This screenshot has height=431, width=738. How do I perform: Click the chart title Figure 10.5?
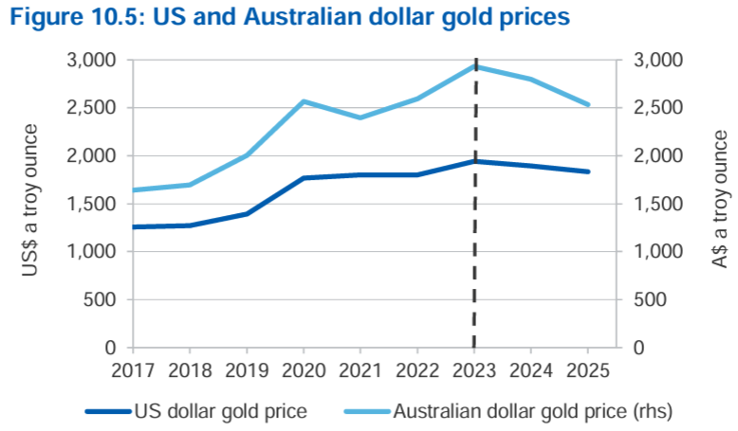(x=289, y=17)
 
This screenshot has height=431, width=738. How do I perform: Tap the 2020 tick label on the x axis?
(x=304, y=370)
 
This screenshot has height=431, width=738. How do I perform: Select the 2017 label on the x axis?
(x=133, y=370)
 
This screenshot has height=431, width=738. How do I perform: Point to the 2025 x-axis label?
(x=588, y=370)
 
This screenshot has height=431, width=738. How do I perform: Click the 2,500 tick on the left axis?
(x=91, y=108)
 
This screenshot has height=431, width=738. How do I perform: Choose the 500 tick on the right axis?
(x=650, y=300)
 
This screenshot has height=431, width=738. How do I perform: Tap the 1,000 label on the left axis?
(x=91, y=252)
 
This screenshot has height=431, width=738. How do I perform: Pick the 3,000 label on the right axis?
(x=658, y=61)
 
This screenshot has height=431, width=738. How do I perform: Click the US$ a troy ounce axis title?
(x=29, y=200)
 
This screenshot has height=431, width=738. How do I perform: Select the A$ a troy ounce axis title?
(x=720, y=199)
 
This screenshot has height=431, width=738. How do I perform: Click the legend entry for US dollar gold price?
(x=196, y=411)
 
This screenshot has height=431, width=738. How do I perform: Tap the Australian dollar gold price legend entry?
(x=508, y=411)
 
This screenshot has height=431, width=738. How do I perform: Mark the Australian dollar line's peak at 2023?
(x=474, y=66)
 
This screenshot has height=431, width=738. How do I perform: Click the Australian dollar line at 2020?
(x=304, y=101)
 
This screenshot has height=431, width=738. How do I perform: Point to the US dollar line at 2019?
(x=247, y=214)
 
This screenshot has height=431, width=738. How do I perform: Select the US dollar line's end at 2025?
(x=588, y=171)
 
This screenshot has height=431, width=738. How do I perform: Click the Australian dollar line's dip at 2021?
(x=360, y=117)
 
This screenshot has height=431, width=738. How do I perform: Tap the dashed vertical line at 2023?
(x=474, y=203)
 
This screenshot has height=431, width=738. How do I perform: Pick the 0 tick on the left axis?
(x=110, y=348)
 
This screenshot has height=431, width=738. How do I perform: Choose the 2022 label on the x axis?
(x=417, y=370)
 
